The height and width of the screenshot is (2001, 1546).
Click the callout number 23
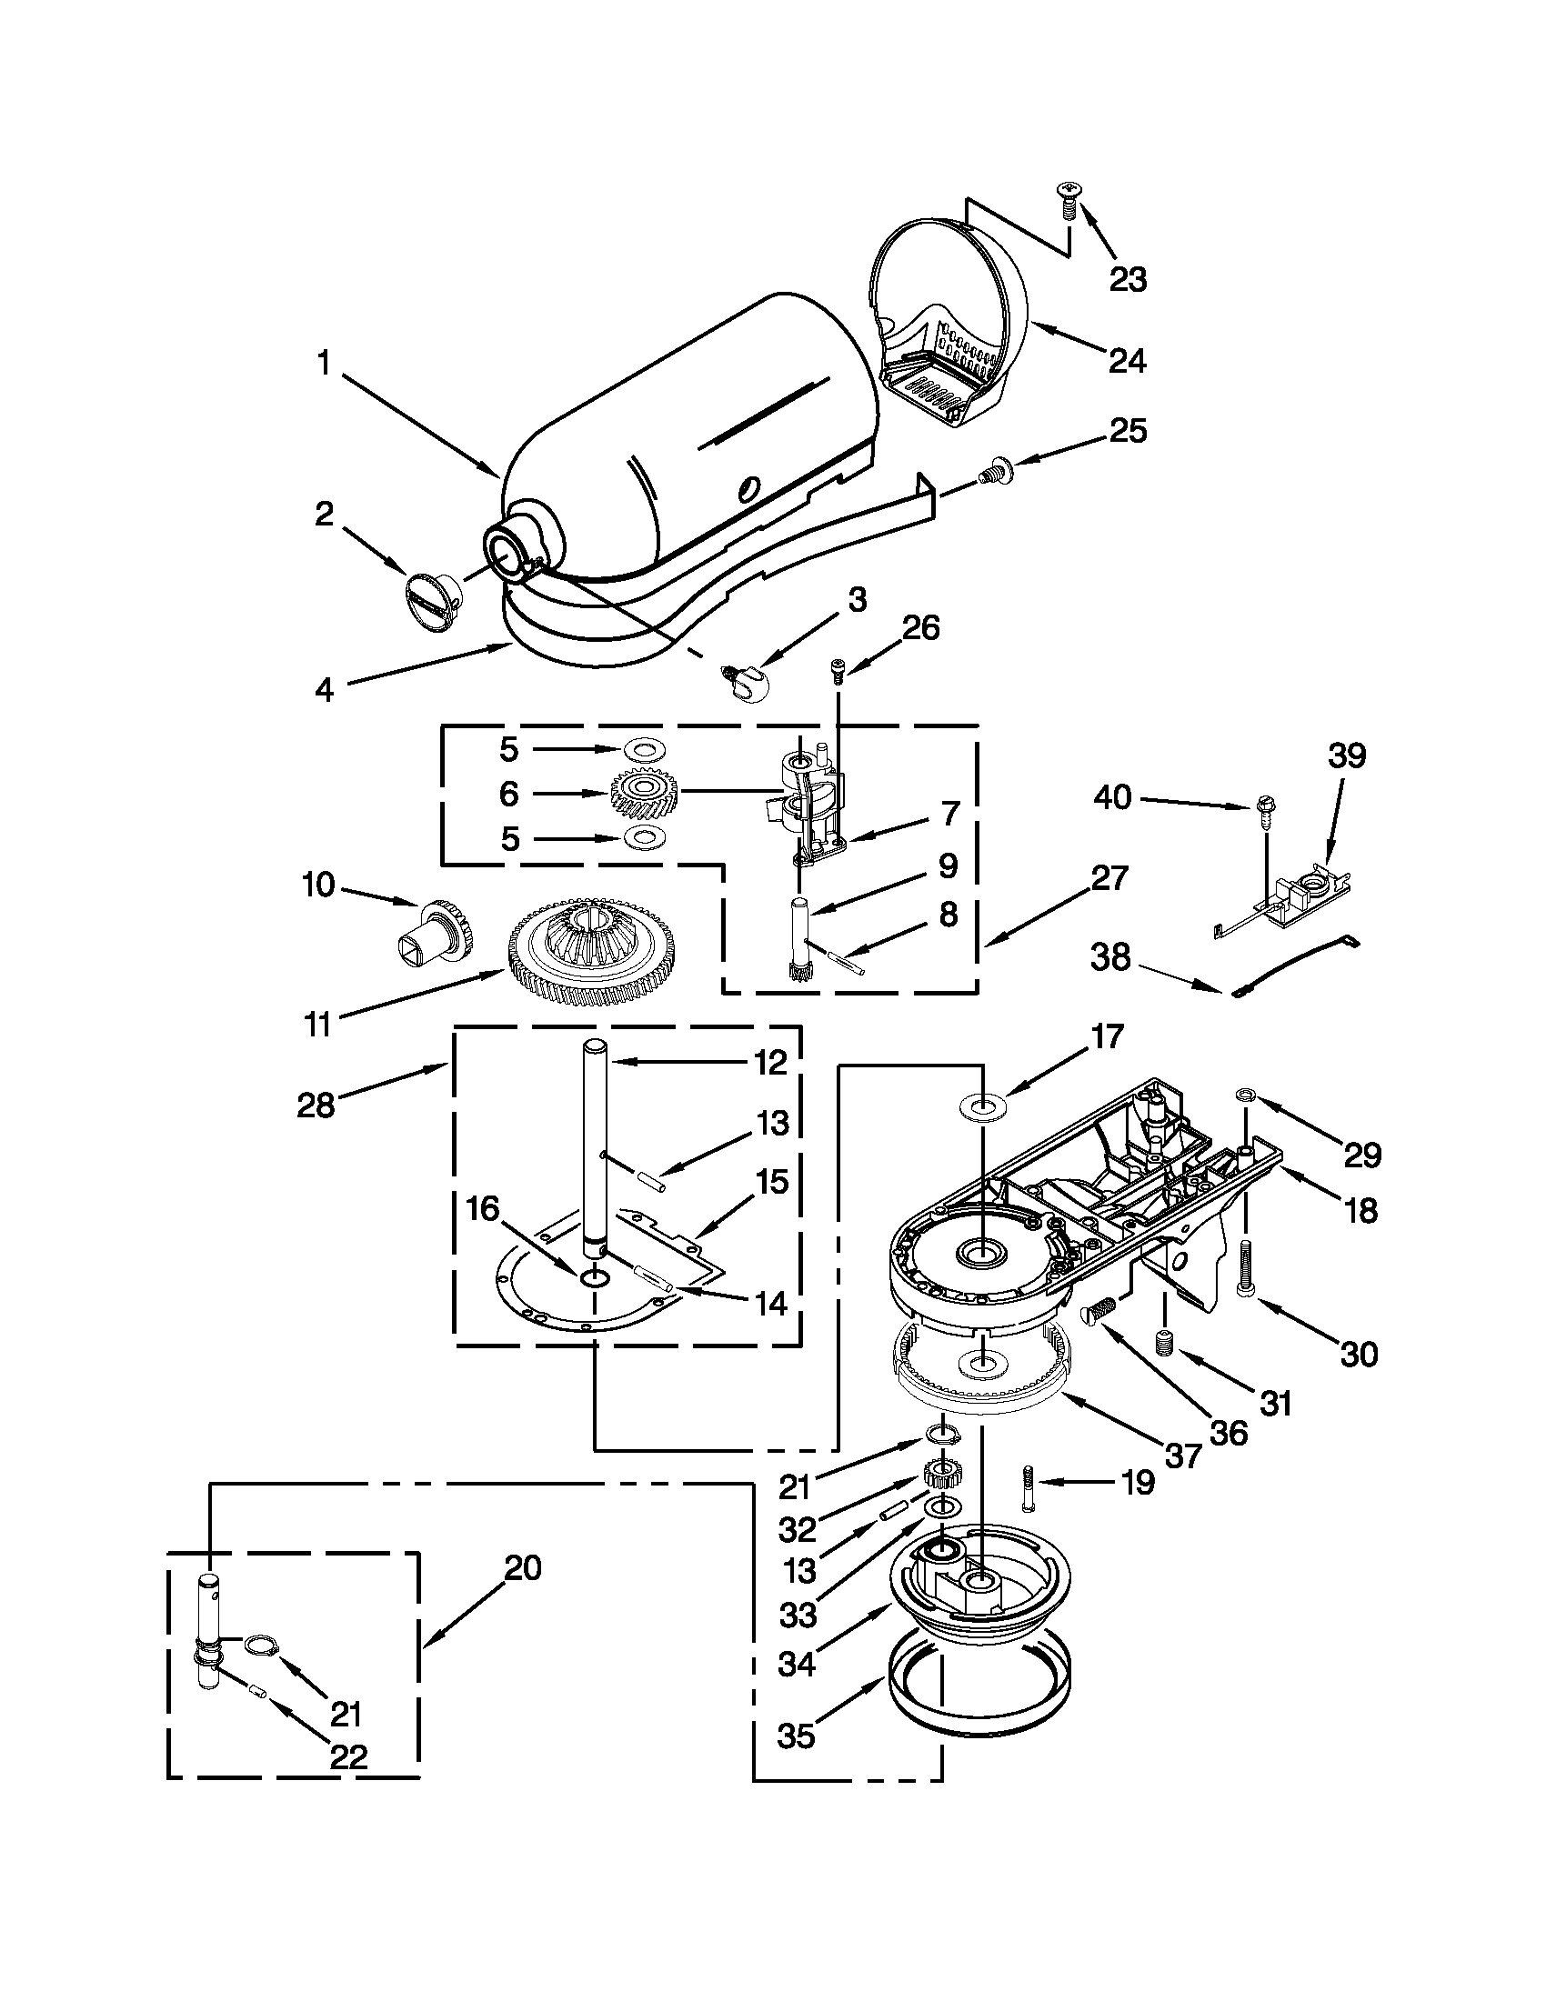tap(1128, 279)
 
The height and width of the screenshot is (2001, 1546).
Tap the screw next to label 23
tap(1069, 199)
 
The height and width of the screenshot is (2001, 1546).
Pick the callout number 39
tap(1346, 755)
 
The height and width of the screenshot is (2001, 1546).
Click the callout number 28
tap(316, 1106)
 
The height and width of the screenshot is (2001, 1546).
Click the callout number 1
tap(323, 364)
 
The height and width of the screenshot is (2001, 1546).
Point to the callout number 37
tap(1182, 1456)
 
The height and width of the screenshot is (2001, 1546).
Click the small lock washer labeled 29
tap(1245, 1094)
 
